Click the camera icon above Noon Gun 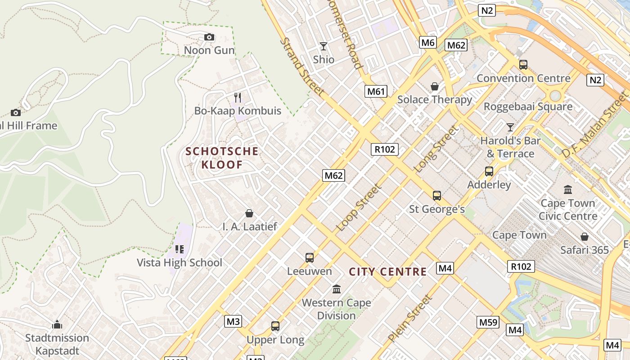click(x=209, y=37)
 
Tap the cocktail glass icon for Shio click(x=324, y=46)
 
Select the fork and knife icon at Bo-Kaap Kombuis click(x=238, y=97)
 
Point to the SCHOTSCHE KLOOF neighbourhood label click(x=222, y=158)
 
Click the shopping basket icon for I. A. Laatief click(x=249, y=213)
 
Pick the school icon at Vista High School click(x=180, y=249)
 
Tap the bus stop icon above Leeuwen click(x=310, y=258)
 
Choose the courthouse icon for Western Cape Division click(x=337, y=289)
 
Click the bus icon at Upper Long click(x=275, y=326)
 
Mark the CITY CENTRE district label click(x=387, y=272)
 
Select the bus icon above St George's click(x=436, y=196)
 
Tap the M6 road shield click(x=428, y=43)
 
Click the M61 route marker click(x=376, y=92)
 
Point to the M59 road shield click(x=488, y=322)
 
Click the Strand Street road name click(x=302, y=67)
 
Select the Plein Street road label click(x=409, y=318)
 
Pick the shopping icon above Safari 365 click(x=584, y=237)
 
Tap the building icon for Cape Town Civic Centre click(x=568, y=190)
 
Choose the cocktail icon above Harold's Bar click(x=510, y=127)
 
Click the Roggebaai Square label click(x=528, y=107)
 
